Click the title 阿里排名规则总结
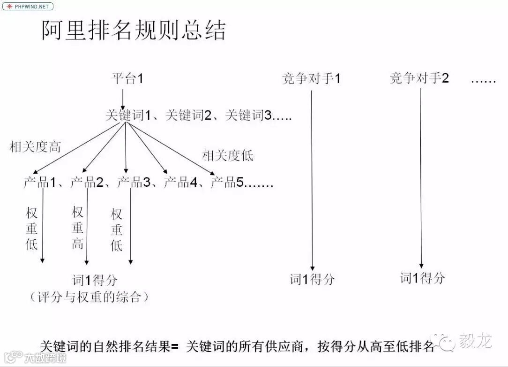pyautogui.click(x=134, y=30)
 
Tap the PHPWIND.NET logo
pyautogui.click(x=28, y=7)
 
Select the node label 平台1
pyautogui.click(x=127, y=78)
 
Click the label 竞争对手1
pyautogui.click(x=311, y=78)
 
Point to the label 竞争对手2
pyautogui.click(x=419, y=78)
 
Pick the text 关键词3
pyautogui.click(x=248, y=115)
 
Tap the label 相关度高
pyautogui.click(x=36, y=147)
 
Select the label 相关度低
pyautogui.click(x=228, y=155)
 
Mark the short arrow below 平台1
pyautogui.click(x=123, y=99)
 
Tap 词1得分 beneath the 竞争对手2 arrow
pyautogui.click(x=422, y=278)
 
